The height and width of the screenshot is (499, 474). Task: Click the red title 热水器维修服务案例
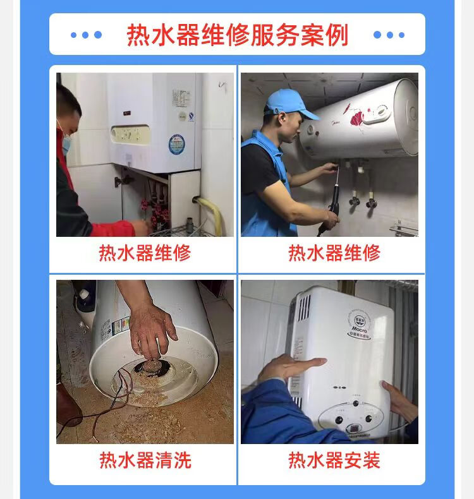(237, 35)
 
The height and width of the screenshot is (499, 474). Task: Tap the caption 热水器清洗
(145, 460)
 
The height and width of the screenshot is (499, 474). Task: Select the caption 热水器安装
(334, 460)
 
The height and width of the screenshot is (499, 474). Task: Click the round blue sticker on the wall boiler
(177, 145)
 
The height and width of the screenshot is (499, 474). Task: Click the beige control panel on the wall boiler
(130, 135)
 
